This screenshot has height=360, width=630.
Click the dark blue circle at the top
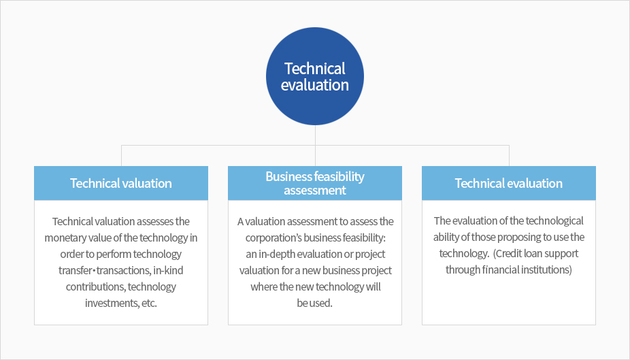(x=315, y=76)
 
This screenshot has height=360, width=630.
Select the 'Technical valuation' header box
(x=121, y=183)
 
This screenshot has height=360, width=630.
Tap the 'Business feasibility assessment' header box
(x=315, y=183)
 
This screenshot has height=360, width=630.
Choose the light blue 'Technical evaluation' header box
(x=509, y=183)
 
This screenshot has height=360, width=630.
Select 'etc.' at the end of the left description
(x=149, y=304)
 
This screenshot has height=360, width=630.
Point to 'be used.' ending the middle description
(x=314, y=304)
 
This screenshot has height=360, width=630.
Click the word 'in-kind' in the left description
(x=168, y=270)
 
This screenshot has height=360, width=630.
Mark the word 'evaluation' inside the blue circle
(x=315, y=85)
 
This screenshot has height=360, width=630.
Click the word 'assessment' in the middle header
(x=315, y=191)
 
